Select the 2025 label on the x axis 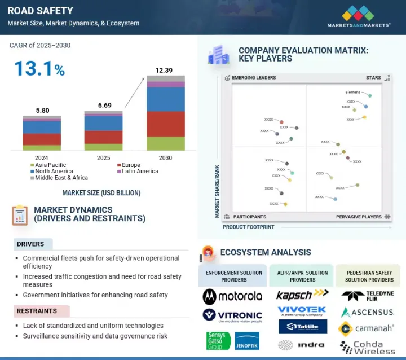pyautogui.click(x=103, y=158)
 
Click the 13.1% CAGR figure pyautogui.click(x=39, y=69)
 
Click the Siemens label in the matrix pyautogui.click(x=353, y=92)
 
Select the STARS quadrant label pyautogui.click(x=373, y=78)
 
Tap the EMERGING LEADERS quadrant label pyautogui.click(x=254, y=78)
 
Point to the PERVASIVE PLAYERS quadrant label pyautogui.click(x=359, y=217)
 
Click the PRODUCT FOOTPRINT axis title pyautogui.click(x=249, y=227)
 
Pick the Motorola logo pyautogui.click(x=232, y=296)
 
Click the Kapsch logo pyautogui.click(x=302, y=294)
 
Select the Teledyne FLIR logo pyautogui.click(x=368, y=296)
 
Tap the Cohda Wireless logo pyautogui.click(x=368, y=348)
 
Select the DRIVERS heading pyautogui.click(x=30, y=244)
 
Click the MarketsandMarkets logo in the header pyautogui.click(x=359, y=16)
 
